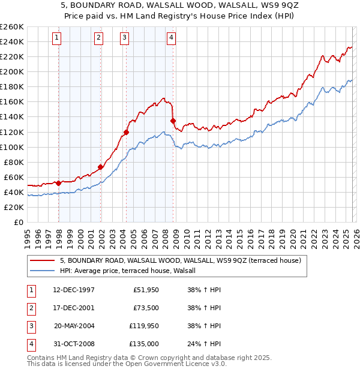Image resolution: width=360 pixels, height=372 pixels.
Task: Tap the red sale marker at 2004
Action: click(x=127, y=132)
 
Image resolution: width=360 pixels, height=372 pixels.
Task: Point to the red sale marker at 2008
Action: click(x=173, y=121)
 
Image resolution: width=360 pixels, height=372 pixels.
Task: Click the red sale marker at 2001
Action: click(x=100, y=167)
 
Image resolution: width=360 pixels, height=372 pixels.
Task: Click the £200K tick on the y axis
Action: click(x=12, y=71)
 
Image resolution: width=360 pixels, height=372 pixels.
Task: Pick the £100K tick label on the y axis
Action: click(x=12, y=147)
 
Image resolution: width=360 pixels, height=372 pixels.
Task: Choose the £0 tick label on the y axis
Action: click(x=18, y=222)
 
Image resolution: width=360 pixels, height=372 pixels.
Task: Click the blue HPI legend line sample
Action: click(x=43, y=271)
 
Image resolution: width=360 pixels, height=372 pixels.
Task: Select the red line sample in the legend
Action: click(x=43, y=260)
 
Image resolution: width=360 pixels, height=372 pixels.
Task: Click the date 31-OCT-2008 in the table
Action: click(x=73, y=344)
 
